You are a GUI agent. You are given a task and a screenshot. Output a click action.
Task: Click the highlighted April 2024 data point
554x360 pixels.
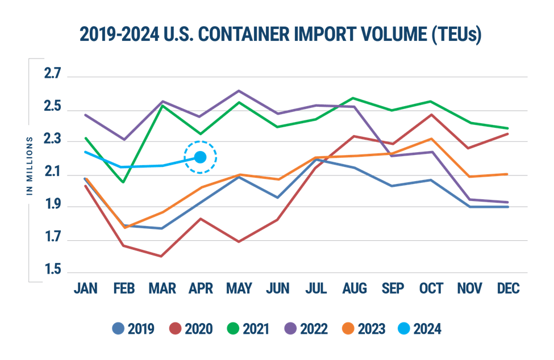(201, 157)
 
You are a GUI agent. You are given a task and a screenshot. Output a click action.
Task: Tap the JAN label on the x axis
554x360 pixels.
(85, 288)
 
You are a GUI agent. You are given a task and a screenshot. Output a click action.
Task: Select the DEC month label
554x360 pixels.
(508, 288)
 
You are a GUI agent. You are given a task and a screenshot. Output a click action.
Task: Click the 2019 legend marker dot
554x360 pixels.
(118, 328)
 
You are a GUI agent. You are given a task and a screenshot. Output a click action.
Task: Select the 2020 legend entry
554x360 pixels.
(190, 328)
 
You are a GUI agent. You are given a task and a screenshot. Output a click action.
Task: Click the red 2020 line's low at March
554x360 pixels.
(162, 257)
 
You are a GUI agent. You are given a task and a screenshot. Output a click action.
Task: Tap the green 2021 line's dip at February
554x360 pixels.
(124, 182)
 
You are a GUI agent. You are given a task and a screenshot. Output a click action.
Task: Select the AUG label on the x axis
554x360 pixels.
(355, 288)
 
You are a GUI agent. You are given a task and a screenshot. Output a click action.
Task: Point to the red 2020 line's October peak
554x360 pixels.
(431, 114)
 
